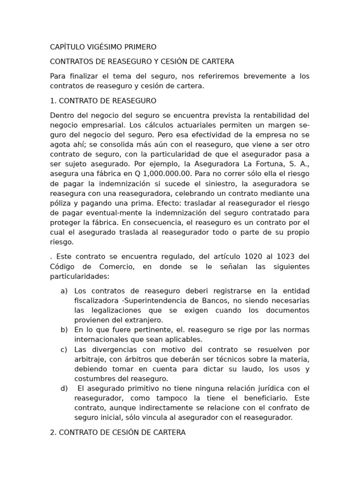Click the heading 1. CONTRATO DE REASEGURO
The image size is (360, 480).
click(x=103, y=101)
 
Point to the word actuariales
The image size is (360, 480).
click(x=180, y=125)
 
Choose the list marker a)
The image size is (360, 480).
click(x=64, y=291)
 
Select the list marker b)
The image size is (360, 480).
click(x=64, y=330)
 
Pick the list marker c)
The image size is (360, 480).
click(x=64, y=349)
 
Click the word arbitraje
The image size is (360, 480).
click(x=90, y=359)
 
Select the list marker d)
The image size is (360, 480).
click(x=64, y=388)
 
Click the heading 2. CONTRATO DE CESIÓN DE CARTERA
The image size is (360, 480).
click(x=118, y=433)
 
